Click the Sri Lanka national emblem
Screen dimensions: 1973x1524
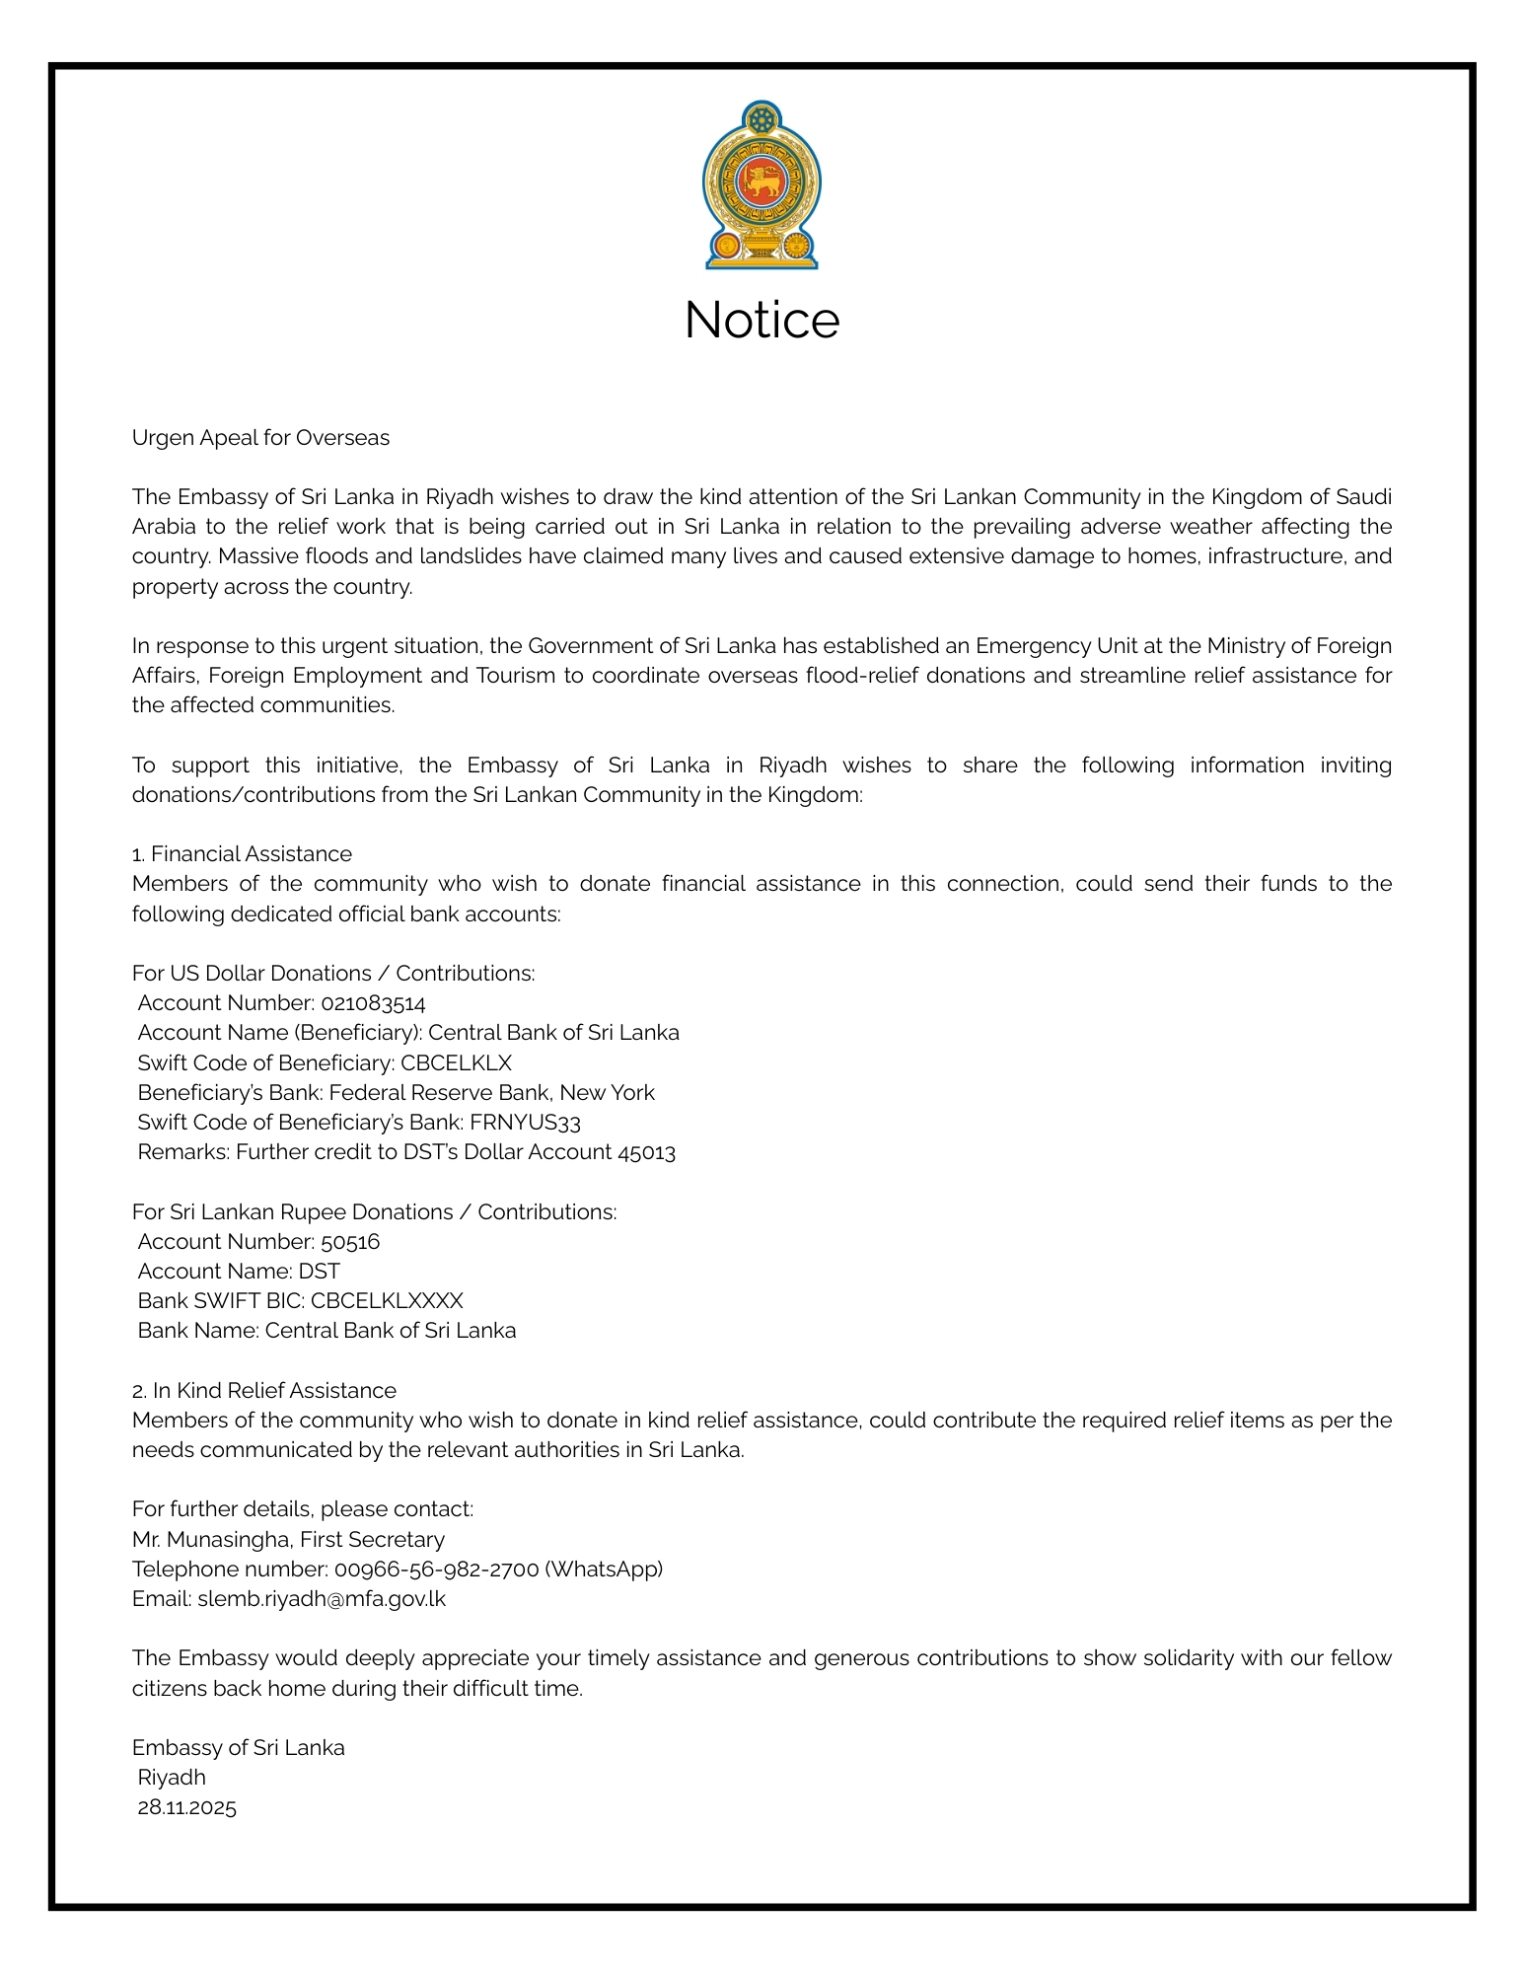[x=762, y=185]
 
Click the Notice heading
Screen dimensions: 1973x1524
[x=762, y=321]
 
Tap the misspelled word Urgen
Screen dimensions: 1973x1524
[x=163, y=438]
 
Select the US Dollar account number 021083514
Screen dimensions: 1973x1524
[x=373, y=1003]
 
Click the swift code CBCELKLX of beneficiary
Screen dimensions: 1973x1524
[x=456, y=1062]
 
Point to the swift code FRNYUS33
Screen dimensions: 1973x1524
[x=525, y=1122]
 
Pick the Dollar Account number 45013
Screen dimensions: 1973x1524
[x=646, y=1152]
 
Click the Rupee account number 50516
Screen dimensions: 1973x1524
[x=350, y=1241]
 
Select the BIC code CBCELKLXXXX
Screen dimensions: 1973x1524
[x=387, y=1300]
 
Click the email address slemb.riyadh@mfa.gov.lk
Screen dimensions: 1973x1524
[x=322, y=1598]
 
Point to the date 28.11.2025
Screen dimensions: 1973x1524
[x=187, y=1807]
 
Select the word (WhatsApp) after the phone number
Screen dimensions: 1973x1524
[x=604, y=1569]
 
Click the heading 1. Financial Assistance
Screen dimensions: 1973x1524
[x=242, y=854]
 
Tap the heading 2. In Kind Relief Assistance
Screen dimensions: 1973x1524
[x=264, y=1390]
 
